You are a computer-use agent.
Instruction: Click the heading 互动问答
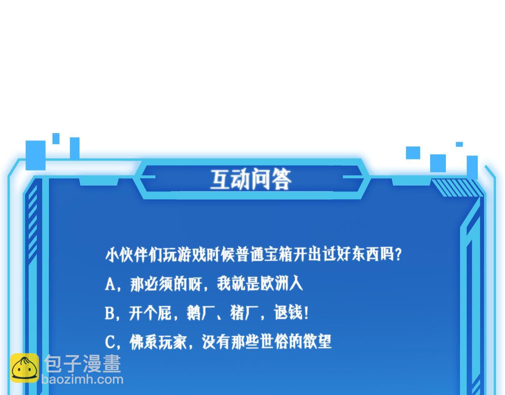click(251, 180)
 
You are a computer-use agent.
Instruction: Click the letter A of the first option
click(110, 284)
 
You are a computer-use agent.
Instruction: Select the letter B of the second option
click(109, 314)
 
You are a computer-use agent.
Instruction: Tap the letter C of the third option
click(110, 342)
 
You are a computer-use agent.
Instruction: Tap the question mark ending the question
click(398, 254)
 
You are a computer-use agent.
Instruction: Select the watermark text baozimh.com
click(82, 380)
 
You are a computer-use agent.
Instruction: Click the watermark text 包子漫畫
click(82, 363)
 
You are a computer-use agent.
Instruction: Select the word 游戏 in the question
click(191, 254)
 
